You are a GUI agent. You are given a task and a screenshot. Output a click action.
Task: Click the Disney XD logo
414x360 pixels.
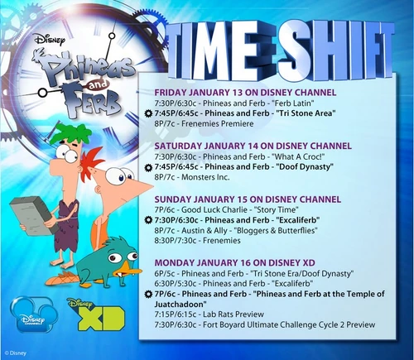tap(89, 315)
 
